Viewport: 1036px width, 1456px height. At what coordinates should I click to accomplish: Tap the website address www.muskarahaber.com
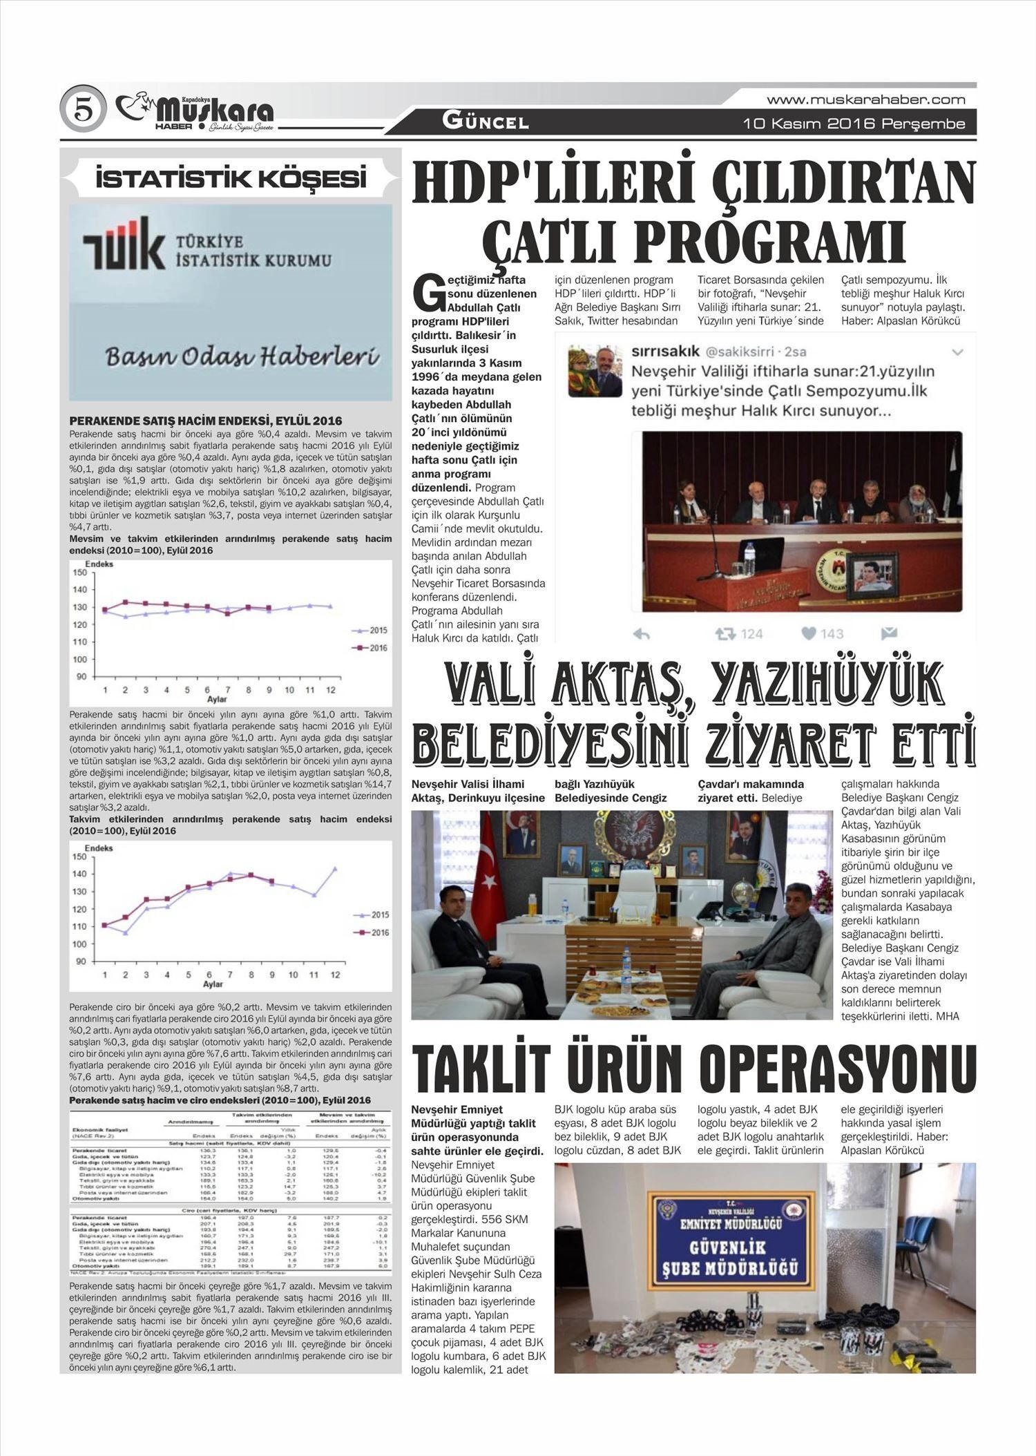(x=865, y=99)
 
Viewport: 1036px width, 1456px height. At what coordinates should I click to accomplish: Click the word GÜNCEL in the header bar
(x=486, y=122)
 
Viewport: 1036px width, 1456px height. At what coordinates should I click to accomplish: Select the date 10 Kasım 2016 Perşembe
(x=854, y=124)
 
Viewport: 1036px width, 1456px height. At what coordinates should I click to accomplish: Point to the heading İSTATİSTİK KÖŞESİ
(x=231, y=179)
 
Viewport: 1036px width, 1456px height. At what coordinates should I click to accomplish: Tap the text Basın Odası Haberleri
(x=242, y=356)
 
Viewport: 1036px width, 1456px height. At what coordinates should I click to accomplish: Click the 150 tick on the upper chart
(x=79, y=573)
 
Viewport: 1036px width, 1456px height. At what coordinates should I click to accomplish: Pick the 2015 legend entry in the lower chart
(x=371, y=914)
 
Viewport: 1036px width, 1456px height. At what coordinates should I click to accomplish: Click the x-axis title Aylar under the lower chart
(x=213, y=984)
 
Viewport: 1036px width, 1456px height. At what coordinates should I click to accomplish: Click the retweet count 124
(x=751, y=633)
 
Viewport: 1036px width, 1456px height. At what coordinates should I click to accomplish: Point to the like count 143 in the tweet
(x=832, y=633)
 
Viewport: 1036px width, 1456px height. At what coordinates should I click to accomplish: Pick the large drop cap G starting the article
(x=427, y=294)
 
